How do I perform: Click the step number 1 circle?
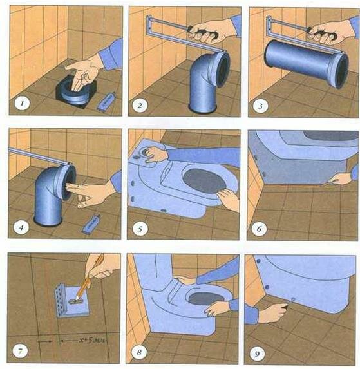(x=22, y=104)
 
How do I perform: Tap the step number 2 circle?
(x=140, y=105)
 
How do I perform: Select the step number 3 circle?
(x=260, y=106)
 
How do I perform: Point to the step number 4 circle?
(x=21, y=227)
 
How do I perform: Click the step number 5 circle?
(x=140, y=229)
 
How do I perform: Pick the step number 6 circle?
(x=259, y=229)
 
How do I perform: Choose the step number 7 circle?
(x=20, y=352)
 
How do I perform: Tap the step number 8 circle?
(x=139, y=352)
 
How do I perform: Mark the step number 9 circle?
(x=257, y=354)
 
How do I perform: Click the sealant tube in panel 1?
(x=106, y=102)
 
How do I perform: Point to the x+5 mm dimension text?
(x=91, y=340)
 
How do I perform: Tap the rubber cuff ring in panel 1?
(x=75, y=94)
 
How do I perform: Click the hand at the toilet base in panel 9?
(x=274, y=313)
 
